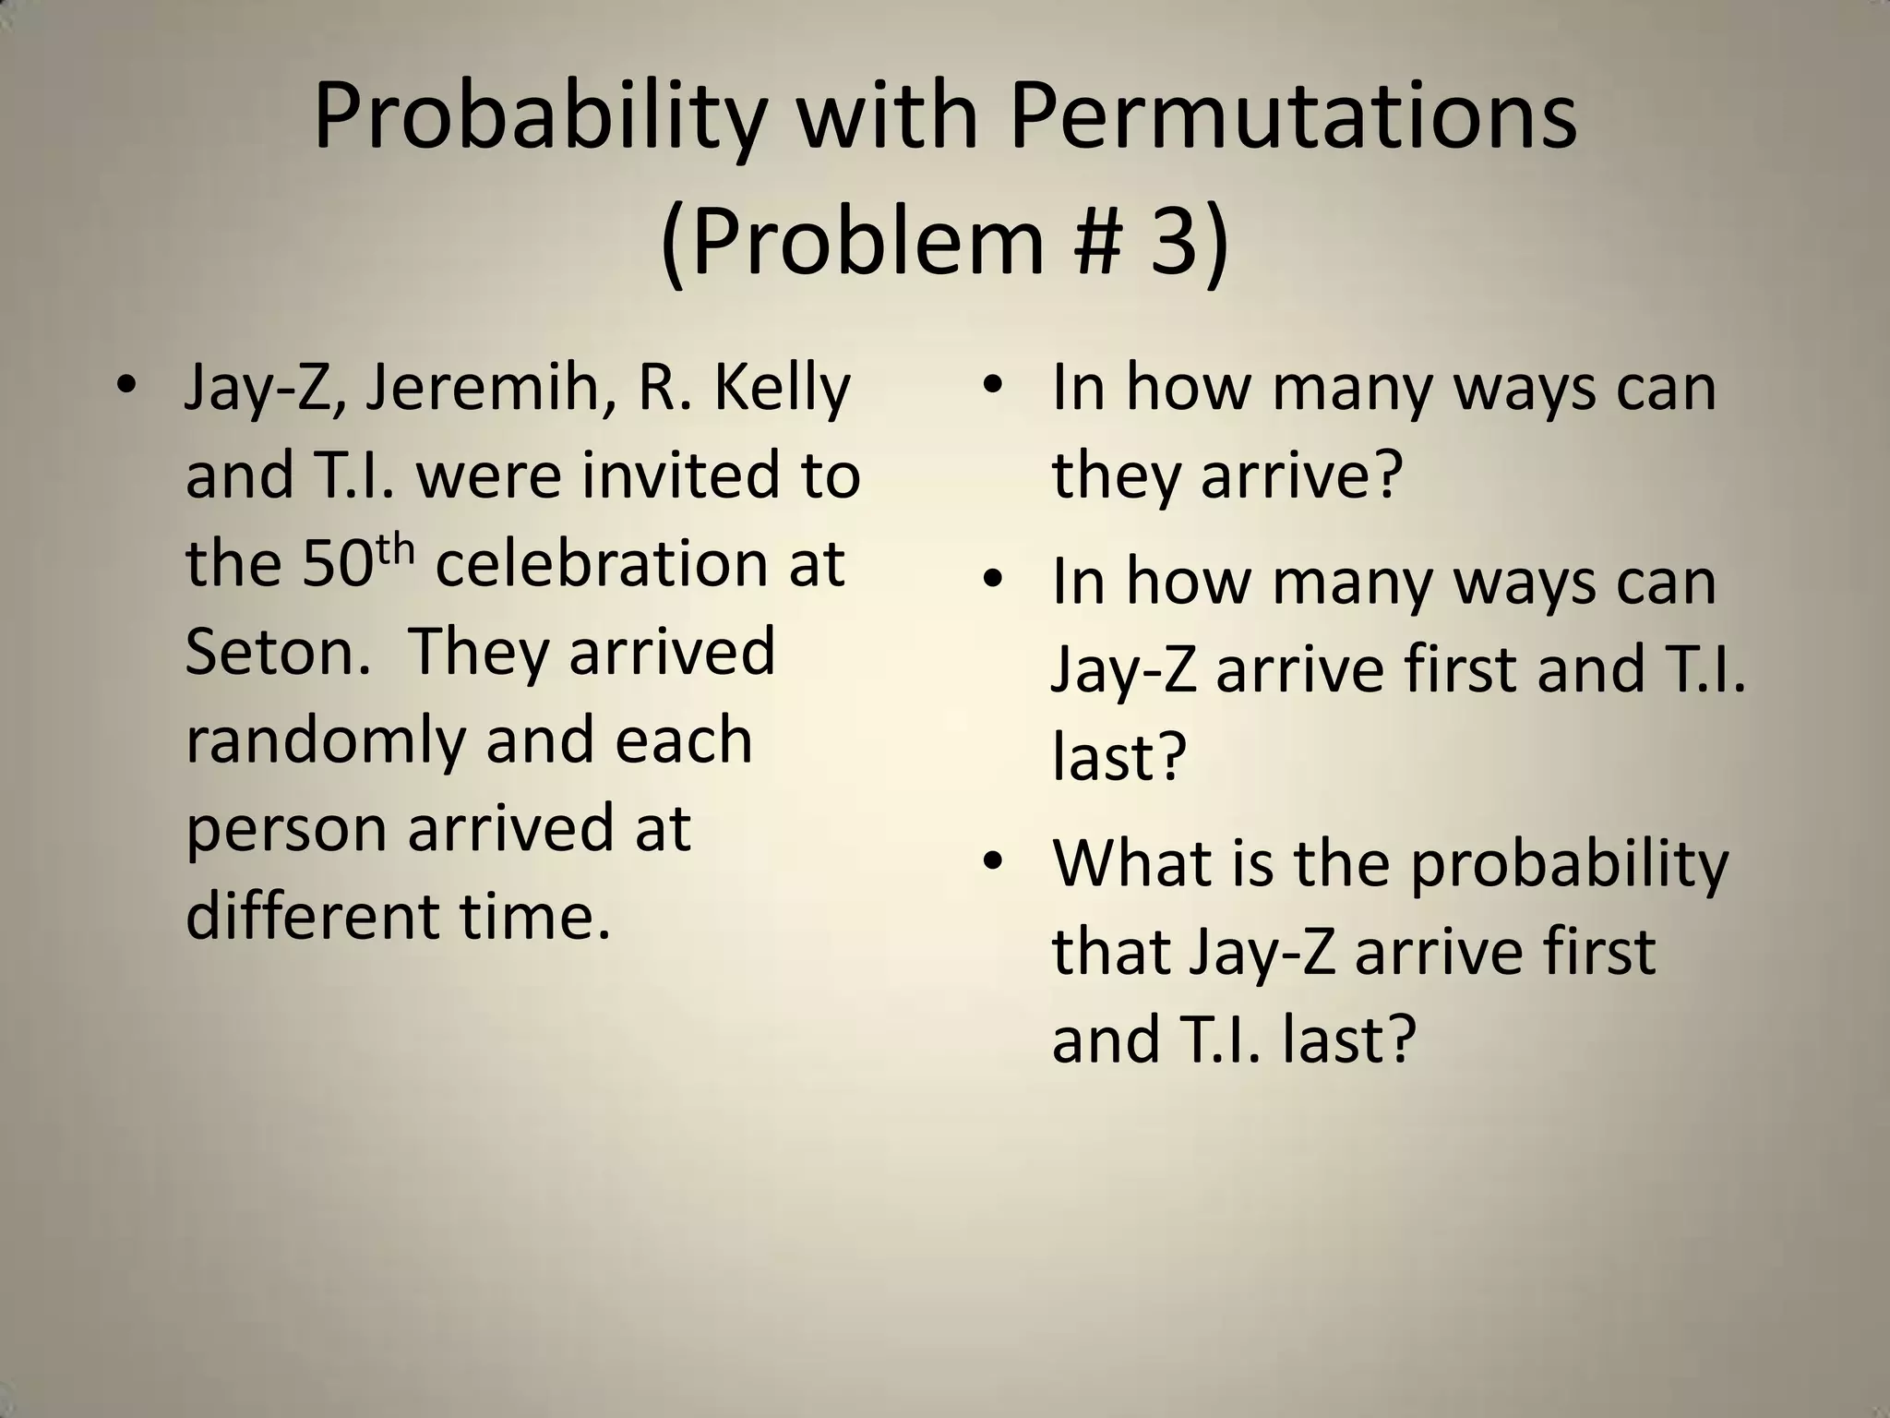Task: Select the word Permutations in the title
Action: pyautogui.click(x=1293, y=118)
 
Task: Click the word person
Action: pyautogui.click(x=286, y=828)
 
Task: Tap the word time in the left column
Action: pyautogui.click(x=535, y=915)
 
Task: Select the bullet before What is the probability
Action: pyautogui.click(x=992, y=861)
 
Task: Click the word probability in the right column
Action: pyautogui.click(x=1570, y=866)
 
